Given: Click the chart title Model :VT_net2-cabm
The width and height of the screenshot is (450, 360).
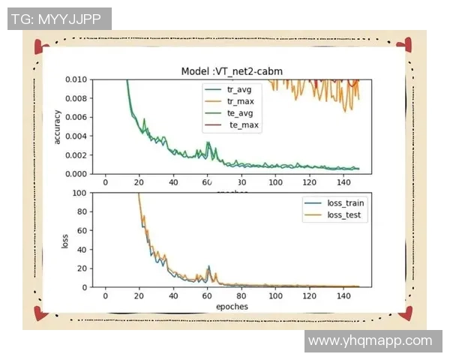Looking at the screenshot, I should click(x=232, y=71).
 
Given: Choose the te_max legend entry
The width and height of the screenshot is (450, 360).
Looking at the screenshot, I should click(x=243, y=125).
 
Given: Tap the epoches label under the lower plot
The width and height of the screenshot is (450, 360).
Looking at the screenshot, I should click(x=231, y=307).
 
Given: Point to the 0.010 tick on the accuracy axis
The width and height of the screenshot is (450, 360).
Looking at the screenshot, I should click(x=75, y=79).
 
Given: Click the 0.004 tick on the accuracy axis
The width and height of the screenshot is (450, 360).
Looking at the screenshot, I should click(x=75, y=136).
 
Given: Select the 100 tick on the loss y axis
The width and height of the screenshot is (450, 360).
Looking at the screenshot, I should click(x=78, y=193).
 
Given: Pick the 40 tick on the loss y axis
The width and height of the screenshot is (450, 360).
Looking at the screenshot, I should click(x=80, y=250).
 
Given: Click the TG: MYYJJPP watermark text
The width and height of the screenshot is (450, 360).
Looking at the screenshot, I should click(x=59, y=19).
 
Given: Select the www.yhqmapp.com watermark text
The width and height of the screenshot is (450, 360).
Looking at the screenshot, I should click(x=370, y=340).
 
